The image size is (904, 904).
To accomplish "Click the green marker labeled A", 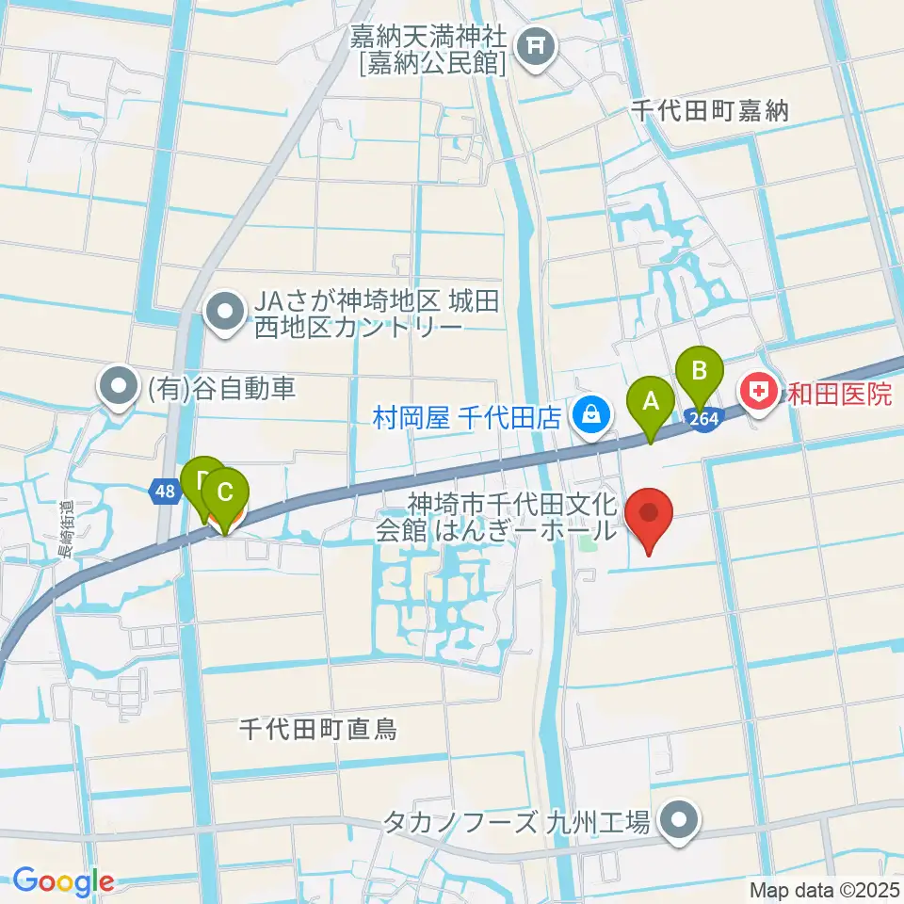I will [650, 402].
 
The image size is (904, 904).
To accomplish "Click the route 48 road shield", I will [164, 491].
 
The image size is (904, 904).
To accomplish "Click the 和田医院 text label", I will [840, 393].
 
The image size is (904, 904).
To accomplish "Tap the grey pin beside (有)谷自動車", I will [119, 387].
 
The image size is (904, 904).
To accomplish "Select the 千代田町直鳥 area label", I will [317, 728].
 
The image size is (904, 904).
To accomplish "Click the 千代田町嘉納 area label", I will [710, 110].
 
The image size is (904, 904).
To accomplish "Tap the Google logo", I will [63, 881].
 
